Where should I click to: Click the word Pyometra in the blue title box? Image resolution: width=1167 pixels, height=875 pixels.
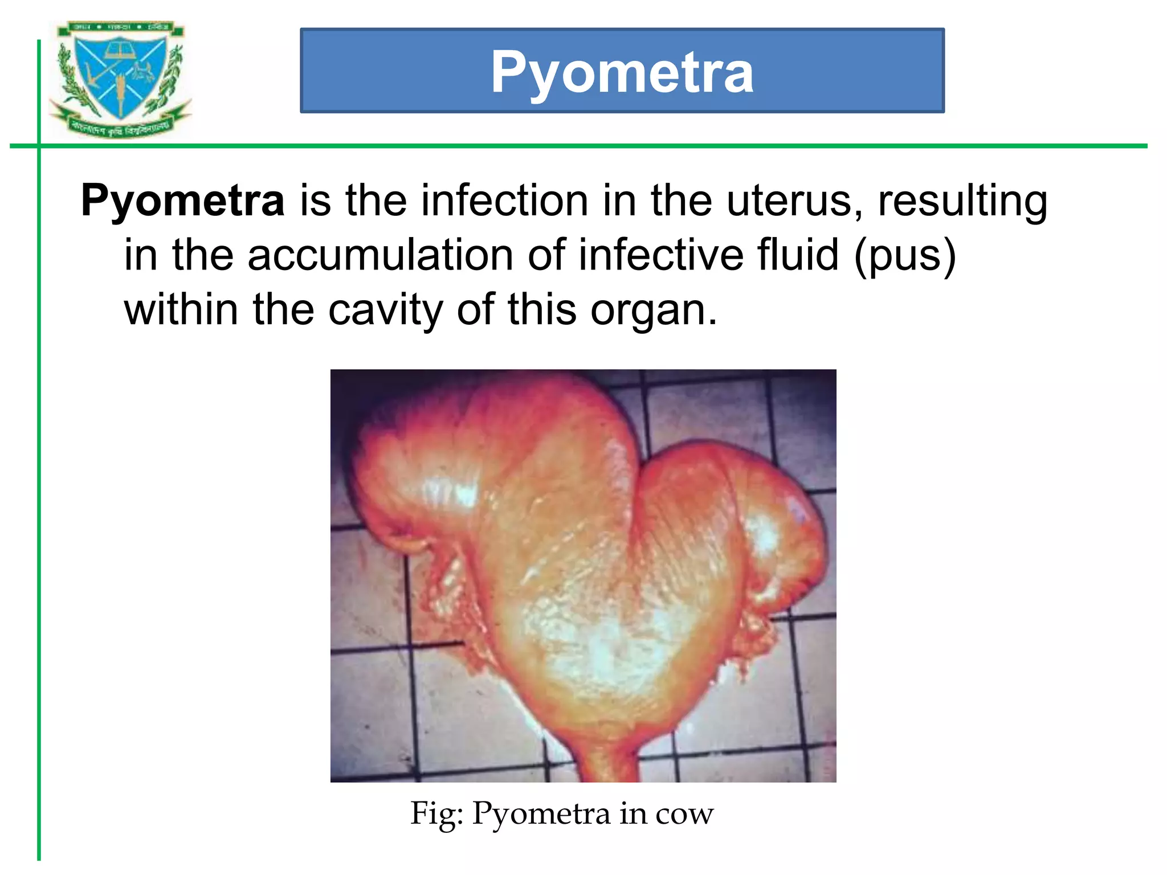point(622,72)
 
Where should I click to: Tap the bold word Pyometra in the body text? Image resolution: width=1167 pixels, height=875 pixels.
point(182,201)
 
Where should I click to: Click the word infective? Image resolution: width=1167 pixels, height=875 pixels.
point(661,255)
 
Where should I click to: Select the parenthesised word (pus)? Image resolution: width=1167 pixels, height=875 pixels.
point(905,256)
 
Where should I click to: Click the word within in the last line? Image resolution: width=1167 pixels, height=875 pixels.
point(181,309)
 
